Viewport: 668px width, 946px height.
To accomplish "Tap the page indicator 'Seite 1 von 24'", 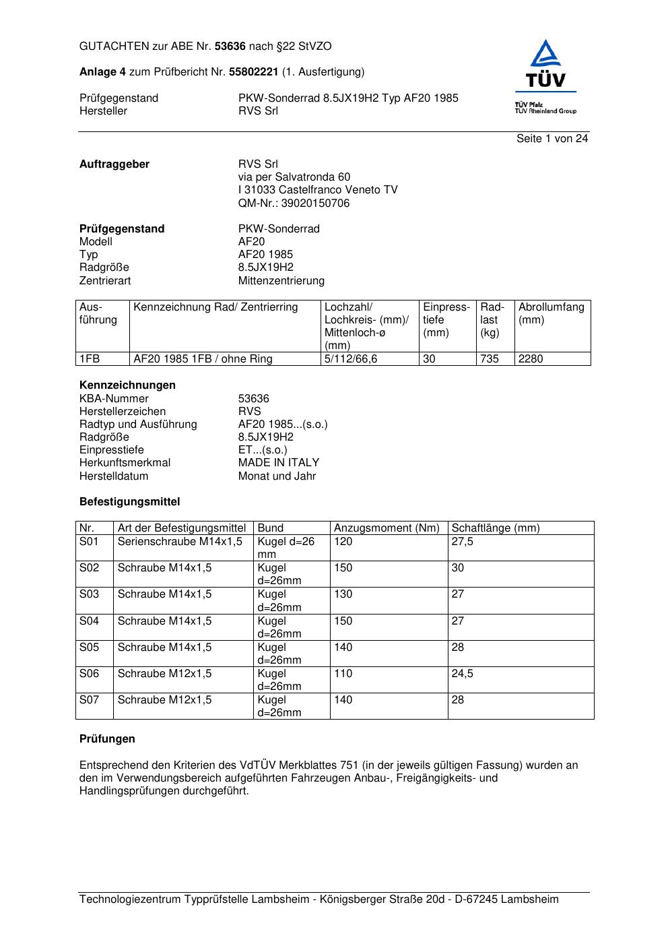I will (x=552, y=139).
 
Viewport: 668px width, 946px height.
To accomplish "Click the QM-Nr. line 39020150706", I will (x=294, y=203).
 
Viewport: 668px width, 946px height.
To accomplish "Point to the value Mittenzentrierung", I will (x=281, y=281).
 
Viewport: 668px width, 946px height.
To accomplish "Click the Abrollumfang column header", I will (x=551, y=313).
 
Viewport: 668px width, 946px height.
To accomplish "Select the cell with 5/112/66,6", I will (x=351, y=359).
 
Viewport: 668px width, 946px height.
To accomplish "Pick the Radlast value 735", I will (x=490, y=359).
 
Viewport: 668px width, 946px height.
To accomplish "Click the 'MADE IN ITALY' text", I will (x=279, y=463).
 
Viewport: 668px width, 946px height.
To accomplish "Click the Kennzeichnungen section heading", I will (x=127, y=385).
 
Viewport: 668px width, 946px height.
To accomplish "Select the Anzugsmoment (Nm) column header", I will (x=387, y=528).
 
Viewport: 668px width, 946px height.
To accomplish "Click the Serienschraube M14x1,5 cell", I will (x=180, y=542).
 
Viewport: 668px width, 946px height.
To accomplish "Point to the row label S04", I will (x=89, y=621).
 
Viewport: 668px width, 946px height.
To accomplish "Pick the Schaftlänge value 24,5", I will (x=462, y=674).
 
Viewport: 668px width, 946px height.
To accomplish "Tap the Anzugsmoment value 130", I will (x=343, y=594).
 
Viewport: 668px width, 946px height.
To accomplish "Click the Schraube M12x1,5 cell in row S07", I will (x=164, y=700).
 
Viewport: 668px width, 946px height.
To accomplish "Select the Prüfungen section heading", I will (x=107, y=739).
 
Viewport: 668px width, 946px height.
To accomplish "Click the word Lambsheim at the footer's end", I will (x=529, y=900).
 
